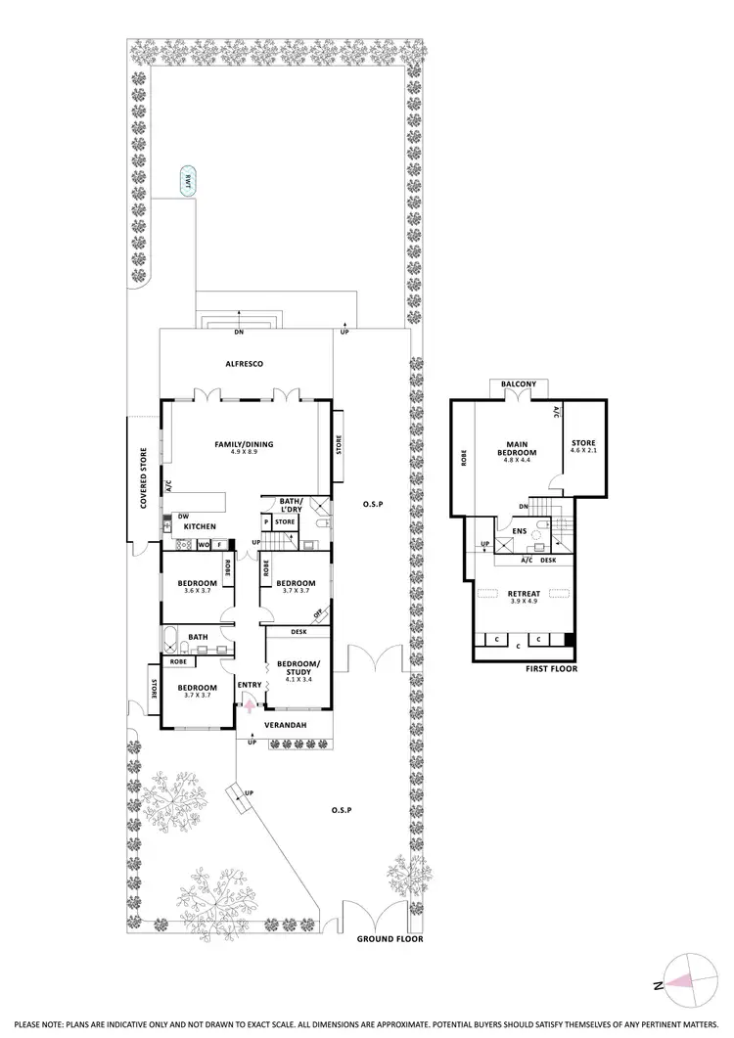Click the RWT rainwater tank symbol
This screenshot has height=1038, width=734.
tap(185, 181)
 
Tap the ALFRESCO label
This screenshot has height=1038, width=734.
tap(245, 363)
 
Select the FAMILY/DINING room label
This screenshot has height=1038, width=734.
tap(244, 444)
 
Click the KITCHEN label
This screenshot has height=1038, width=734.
tap(200, 527)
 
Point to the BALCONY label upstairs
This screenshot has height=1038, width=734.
tap(516, 384)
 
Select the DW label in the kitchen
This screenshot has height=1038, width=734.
tap(183, 516)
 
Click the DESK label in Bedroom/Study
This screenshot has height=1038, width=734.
tap(299, 632)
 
